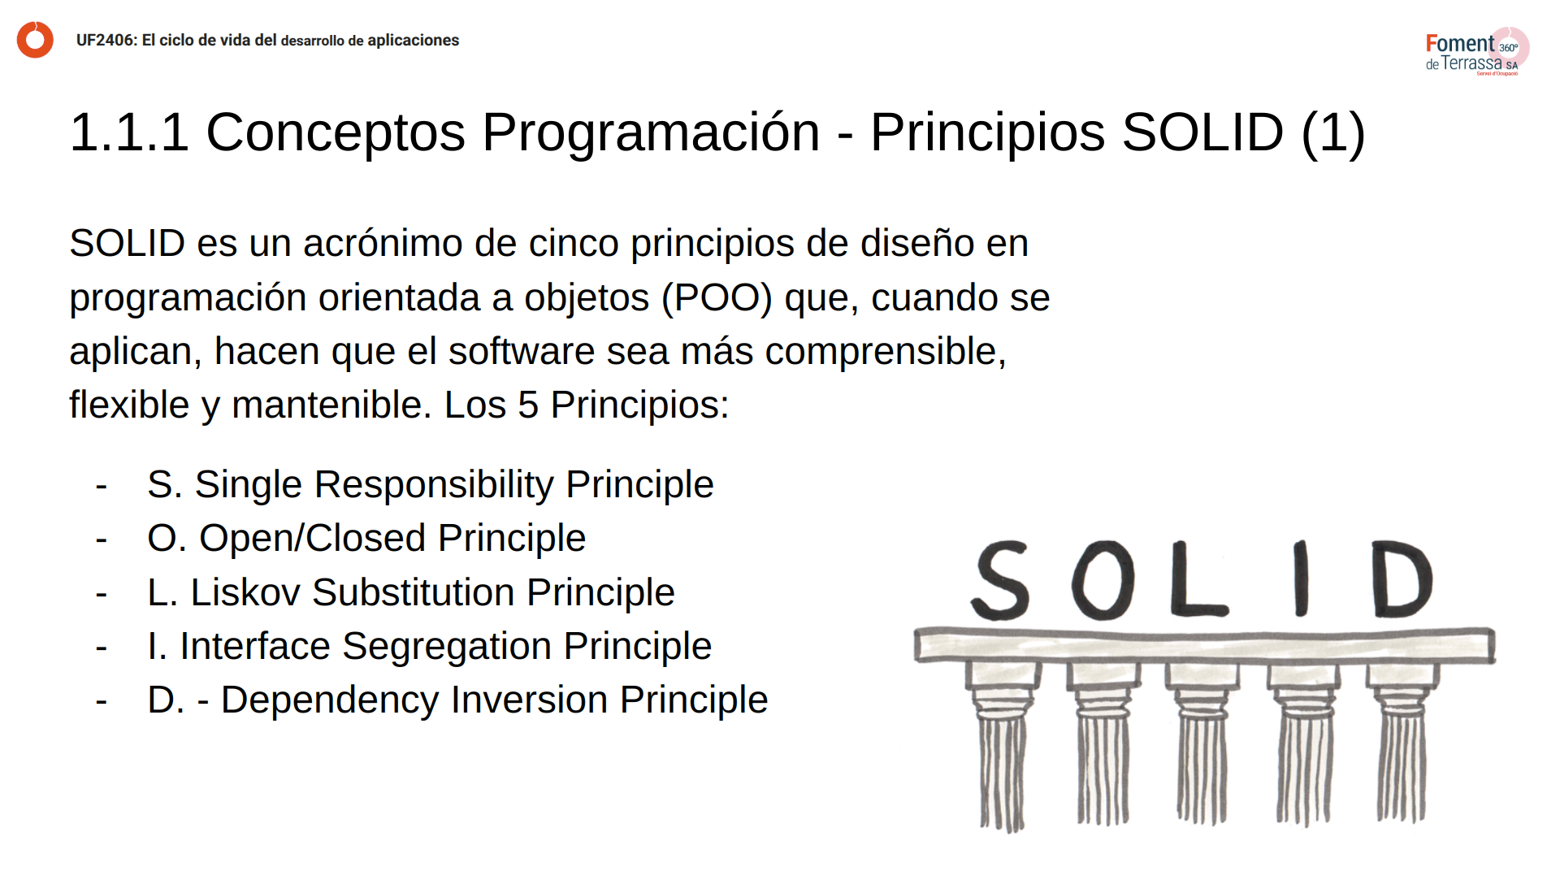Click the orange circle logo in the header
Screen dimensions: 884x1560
35,40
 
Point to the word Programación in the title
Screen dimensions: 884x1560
651,132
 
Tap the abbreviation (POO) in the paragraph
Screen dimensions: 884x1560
717,298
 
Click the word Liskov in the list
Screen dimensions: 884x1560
245,593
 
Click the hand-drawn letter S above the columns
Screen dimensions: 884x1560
1001,580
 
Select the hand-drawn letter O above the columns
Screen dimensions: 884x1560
1103,580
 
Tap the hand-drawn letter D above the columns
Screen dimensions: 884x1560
1402,578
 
